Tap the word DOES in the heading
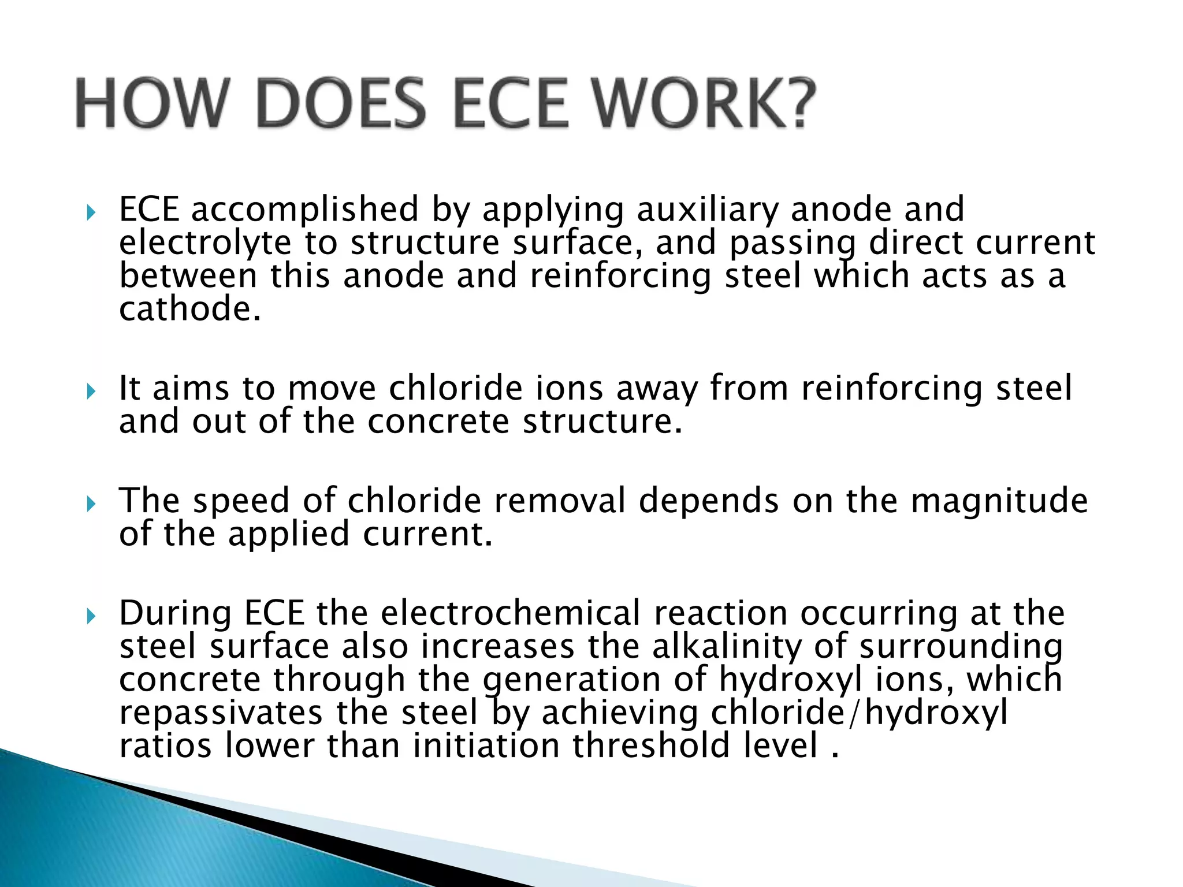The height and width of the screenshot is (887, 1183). (x=343, y=105)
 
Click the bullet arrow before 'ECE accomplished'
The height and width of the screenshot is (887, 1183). (x=90, y=214)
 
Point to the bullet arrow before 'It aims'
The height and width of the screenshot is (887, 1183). (x=90, y=393)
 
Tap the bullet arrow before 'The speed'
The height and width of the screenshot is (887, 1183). (x=90, y=505)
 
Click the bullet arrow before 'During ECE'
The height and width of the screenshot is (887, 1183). (x=90, y=618)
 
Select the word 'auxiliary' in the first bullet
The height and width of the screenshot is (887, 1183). (x=707, y=209)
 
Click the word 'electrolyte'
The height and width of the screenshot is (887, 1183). (x=205, y=243)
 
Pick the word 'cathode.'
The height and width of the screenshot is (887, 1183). (x=190, y=309)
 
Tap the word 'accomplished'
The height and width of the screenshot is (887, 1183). (x=305, y=209)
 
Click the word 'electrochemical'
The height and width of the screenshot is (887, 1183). (x=511, y=613)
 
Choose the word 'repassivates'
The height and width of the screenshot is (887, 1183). (x=221, y=713)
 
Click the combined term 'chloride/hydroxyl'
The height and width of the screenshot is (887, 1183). (x=859, y=713)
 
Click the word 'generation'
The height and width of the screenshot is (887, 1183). (x=571, y=680)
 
